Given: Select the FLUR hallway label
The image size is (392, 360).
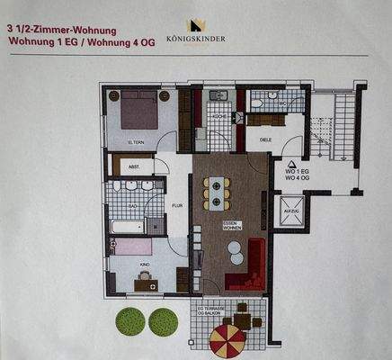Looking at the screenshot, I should [x=177, y=205].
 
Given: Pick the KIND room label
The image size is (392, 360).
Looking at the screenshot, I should [x=144, y=265].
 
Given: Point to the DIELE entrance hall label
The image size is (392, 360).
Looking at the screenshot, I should [x=265, y=139].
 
